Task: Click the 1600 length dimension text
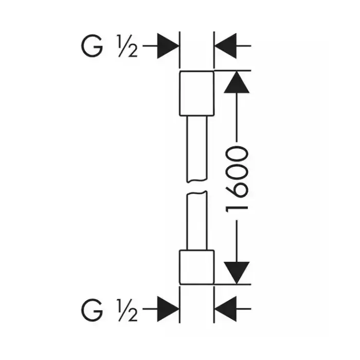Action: point(238,178)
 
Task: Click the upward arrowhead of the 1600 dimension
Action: point(237,82)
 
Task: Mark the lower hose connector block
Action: point(196,267)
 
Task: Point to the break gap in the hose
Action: point(196,186)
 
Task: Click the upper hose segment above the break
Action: point(196,149)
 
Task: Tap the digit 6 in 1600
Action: point(238,188)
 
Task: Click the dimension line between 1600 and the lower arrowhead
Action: point(237,239)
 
